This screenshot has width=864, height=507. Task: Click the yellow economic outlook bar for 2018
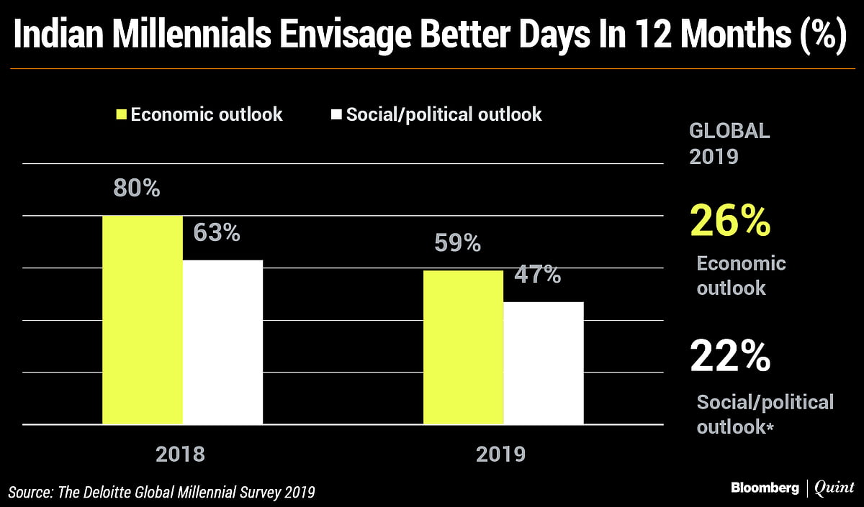click(143, 320)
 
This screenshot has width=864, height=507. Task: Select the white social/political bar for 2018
click(222, 342)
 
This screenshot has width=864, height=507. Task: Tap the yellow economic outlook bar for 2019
click(463, 347)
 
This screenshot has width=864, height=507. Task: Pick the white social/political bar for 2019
click(543, 363)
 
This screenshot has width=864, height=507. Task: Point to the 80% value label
click(137, 188)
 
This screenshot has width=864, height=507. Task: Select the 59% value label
click(457, 244)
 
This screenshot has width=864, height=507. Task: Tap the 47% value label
click(537, 275)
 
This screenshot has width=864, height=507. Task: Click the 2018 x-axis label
click(181, 455)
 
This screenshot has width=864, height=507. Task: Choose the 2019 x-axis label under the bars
click(502, 455)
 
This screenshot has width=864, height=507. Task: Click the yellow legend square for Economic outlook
click(121, 114)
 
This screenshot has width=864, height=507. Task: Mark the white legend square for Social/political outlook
click(336, 114)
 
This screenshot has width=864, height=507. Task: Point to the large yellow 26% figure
click(730, 221)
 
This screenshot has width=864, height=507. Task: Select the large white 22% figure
click(730, 355)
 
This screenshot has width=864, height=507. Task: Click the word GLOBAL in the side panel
click(729, 132)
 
